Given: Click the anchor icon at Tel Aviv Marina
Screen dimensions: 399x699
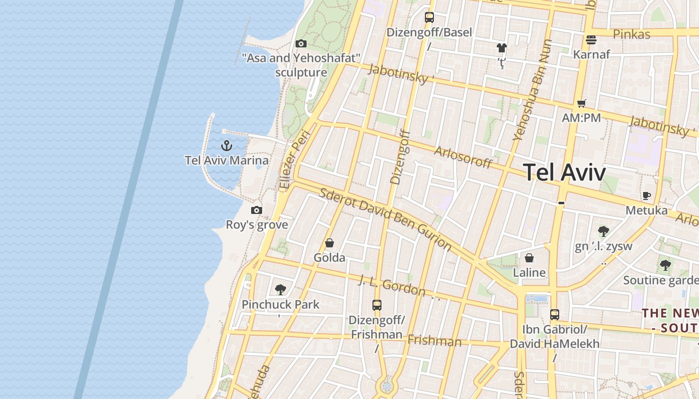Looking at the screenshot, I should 227,146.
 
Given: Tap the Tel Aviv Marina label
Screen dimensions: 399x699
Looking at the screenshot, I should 227,160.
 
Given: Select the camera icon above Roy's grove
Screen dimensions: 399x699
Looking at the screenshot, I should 257,210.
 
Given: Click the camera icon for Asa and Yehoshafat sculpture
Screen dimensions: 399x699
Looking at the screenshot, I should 301,44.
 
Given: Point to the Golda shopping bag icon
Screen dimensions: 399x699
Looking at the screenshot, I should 330,243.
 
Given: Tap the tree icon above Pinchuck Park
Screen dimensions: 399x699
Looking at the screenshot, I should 281,289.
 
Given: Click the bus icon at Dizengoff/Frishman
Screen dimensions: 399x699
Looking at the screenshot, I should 377,305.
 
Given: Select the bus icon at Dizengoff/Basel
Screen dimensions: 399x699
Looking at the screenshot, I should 429,17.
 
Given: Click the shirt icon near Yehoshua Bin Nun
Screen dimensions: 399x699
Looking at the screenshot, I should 502,48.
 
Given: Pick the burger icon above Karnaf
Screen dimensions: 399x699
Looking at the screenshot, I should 591,39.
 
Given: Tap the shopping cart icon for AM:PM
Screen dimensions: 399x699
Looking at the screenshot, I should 581,104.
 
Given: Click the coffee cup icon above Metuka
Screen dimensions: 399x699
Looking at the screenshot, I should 647,196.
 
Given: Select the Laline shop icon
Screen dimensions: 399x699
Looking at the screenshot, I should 529,258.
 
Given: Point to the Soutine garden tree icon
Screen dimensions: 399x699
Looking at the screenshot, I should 665,265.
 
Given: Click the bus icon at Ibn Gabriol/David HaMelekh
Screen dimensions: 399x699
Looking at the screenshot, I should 555,315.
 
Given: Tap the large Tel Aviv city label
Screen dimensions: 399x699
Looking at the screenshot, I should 565,173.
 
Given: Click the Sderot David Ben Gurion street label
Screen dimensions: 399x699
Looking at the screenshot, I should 385,219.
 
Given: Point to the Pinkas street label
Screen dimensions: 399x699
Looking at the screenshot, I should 632,34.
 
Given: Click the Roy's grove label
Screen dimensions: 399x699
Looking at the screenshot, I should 257,224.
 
